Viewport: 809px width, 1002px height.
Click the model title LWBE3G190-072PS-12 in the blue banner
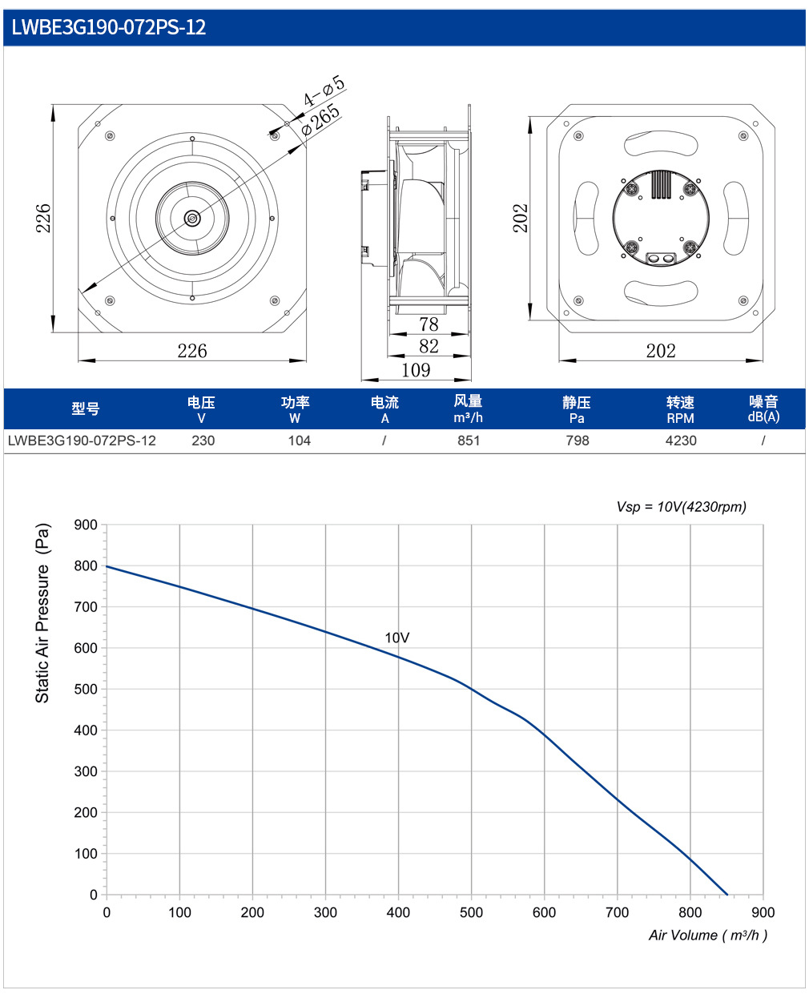109,27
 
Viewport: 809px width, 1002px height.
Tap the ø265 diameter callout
320,119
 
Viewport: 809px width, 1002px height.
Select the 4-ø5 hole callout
324,91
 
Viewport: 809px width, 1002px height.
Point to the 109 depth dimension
416,370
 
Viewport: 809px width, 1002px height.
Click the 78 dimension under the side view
429,324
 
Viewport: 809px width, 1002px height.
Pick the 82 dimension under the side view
429,346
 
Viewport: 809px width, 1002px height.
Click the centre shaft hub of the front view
192,219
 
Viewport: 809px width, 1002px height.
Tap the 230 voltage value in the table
203,441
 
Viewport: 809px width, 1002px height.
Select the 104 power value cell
299,441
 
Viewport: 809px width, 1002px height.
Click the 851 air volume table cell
469,441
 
